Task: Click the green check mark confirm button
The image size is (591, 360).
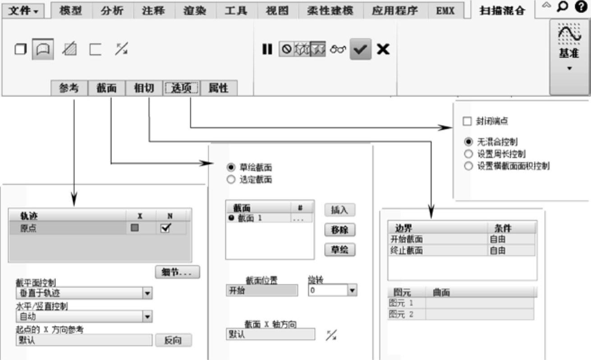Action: click(x=361, y=49)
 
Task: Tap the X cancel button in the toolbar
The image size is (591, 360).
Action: click(x=383, y=49)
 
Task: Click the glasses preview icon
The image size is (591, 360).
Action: click(x=338, y=49)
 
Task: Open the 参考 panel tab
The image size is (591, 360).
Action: click(x=69, y=88)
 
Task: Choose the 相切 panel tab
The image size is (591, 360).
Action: click(x=143, y=88)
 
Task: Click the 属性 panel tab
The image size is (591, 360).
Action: click(x=218, y=88)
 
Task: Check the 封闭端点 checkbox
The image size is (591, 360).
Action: click(x=467, y=121)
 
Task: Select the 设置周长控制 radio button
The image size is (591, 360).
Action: click(x=468, y=154)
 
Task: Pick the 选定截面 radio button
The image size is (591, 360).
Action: click(x=231, y=180)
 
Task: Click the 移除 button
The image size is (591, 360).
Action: click(x=339, y=230)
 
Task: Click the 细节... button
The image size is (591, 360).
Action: click(x=177, y=272)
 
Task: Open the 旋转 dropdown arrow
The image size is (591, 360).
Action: click(x=352, y=290)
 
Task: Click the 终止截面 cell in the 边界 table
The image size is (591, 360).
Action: click(x=406, y=251)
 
